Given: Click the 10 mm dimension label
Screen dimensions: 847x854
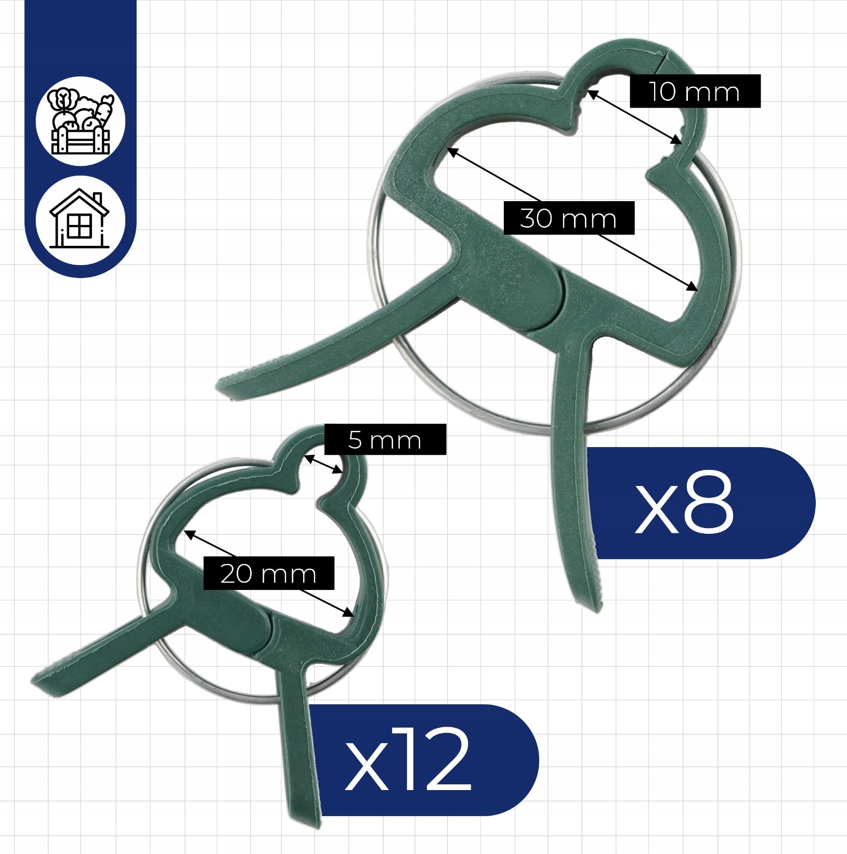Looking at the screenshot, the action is pos(695,91).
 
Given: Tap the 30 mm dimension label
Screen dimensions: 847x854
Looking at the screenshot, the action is pos(569,218).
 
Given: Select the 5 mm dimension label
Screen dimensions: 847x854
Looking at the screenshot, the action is pos(385,440).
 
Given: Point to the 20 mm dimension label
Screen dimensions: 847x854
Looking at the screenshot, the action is pos(268,573).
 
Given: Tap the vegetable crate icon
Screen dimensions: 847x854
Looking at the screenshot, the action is pos(81,122).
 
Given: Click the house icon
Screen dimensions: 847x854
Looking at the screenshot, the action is pos(80,219).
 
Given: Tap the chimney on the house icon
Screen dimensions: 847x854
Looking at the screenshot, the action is pos(97,199).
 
